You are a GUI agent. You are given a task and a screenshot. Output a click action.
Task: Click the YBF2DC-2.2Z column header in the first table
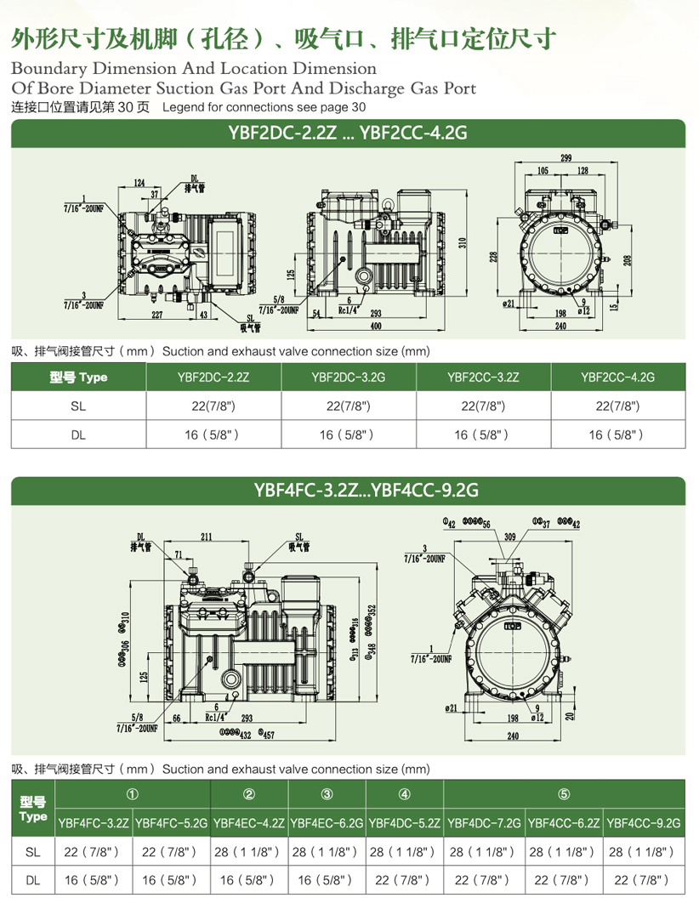tap(213, 377)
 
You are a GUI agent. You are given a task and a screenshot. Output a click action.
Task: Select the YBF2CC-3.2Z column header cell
tap(483, 377)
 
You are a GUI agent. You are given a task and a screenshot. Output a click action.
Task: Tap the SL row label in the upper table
tap(78, 406)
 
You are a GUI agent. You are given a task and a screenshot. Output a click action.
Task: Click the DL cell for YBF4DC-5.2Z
tap(405, 882)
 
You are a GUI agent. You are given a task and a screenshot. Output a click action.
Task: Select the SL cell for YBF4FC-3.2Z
tap(94, 851)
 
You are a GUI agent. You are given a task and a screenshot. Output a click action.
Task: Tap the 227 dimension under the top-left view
tap(157, 315)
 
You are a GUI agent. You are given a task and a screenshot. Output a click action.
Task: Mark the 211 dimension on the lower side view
tap(207, 537)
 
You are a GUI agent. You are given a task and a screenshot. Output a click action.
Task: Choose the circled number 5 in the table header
tap(564, 794)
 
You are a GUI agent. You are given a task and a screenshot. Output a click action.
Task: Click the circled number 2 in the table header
tap(249, 794)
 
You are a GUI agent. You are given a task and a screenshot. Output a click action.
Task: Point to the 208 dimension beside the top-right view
tap(626, 259)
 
